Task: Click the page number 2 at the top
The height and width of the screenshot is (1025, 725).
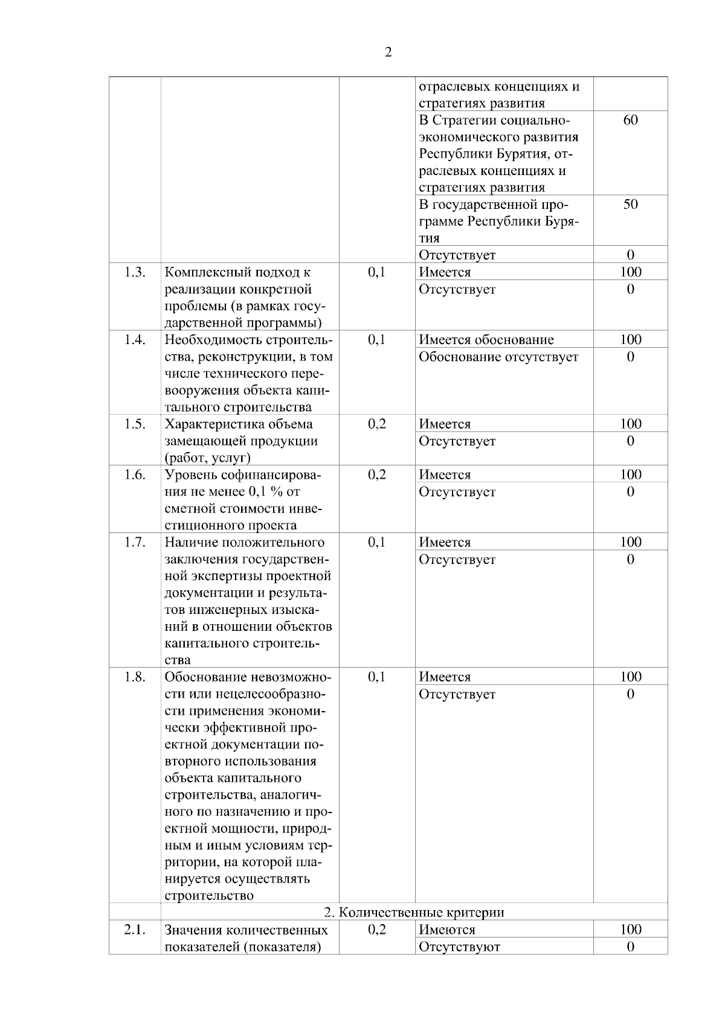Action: (388, 52)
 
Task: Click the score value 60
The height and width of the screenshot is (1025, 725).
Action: (630, 120)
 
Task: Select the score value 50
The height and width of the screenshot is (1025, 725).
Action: (630, 204)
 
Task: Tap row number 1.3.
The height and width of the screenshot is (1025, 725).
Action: (135, 272)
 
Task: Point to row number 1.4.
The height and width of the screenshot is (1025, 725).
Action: (135, 339)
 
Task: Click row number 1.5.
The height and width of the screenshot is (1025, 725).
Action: (135, 424)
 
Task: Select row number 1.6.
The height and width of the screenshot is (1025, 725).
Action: (135, 474)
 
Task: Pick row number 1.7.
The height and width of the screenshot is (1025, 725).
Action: (135, 542)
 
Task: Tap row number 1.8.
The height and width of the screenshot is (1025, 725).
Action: (135, 677)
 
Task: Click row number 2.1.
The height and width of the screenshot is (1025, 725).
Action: (135, 930)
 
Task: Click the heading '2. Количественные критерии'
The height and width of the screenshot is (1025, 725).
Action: (414, 912)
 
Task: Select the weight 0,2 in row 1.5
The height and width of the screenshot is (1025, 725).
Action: (376, 424)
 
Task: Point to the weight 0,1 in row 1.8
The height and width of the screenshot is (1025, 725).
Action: (376, 677)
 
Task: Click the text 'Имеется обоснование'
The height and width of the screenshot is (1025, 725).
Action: (486, 340)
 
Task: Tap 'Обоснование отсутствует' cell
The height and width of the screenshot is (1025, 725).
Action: (498, 357)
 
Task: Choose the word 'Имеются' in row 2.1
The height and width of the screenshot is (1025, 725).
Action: (447, 930)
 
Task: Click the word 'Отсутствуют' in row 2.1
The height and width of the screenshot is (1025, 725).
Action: (459, 947)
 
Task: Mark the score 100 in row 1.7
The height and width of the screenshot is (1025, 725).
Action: (630, 542)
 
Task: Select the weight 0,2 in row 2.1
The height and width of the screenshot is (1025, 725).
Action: (376, 930)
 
